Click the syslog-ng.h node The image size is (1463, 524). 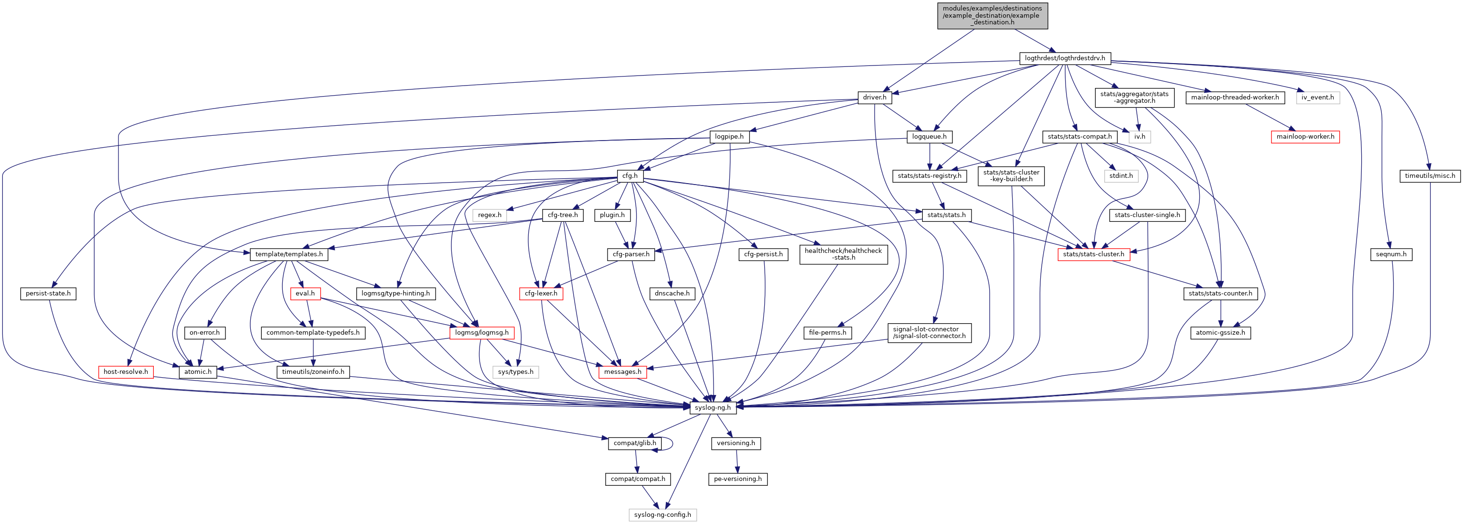(x=713, y=407)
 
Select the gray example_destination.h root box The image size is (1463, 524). (x=992, y=16)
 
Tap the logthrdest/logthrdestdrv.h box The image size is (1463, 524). (x=1065, y=58)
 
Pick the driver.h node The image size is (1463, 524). (x=875, y=97)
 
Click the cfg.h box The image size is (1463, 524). (x=630, y=175)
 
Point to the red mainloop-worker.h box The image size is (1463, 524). (x=1305, y=136)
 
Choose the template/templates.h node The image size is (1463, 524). (x=288, y=254)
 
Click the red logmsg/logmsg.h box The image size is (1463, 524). (x=481, y=332)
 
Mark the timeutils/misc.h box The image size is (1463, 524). (x=1430, y=175)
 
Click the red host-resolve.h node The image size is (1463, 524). (x=126, y=371)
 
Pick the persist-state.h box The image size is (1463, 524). (x=48, y=293)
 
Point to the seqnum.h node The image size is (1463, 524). (x=1391, y=254)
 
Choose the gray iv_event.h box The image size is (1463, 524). (x=1318, y=97)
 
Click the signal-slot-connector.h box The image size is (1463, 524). (x=929, y=332)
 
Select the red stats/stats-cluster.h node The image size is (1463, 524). (x=1093, y=254)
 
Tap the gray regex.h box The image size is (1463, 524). (x=490, y=215)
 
